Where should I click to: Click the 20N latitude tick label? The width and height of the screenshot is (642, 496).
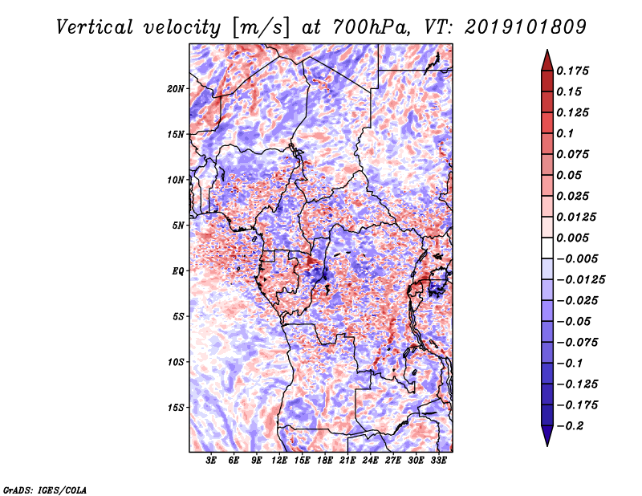(x=176, y=89)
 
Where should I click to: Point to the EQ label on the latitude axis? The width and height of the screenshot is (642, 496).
(x=177, y=271)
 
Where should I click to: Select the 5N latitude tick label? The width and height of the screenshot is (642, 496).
(x=178, y=226)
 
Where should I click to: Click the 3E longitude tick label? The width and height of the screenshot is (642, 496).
(x=211, y=461)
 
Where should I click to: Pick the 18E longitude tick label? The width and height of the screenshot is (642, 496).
(x=325, y=461)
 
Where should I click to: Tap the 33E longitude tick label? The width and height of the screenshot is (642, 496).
(x=438, y=461)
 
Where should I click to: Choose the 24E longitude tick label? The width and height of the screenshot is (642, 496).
(x=370, y=461)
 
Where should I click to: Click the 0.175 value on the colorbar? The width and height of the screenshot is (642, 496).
(x=572, y=71)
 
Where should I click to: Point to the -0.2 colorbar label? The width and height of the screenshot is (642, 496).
(x=570, y=426)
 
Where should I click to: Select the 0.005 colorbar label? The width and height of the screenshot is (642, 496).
(x=572, y=238)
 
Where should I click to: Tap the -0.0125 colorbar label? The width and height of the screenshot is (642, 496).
(x=580, y=280)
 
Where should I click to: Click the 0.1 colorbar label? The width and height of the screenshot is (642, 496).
(x=565, y=133)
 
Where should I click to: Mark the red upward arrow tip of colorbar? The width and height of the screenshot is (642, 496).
(x=547, y=50)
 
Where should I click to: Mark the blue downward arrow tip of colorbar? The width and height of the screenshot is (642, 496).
(x=547, y=445)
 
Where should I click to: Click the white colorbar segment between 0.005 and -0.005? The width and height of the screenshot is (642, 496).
(x=547, y=248)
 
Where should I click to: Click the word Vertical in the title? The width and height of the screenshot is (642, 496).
(x=95, y=27)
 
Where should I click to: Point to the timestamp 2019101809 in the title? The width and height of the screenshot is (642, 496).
(x=526, y=27)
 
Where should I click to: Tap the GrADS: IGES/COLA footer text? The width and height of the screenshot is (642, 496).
(x=45, y=490)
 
